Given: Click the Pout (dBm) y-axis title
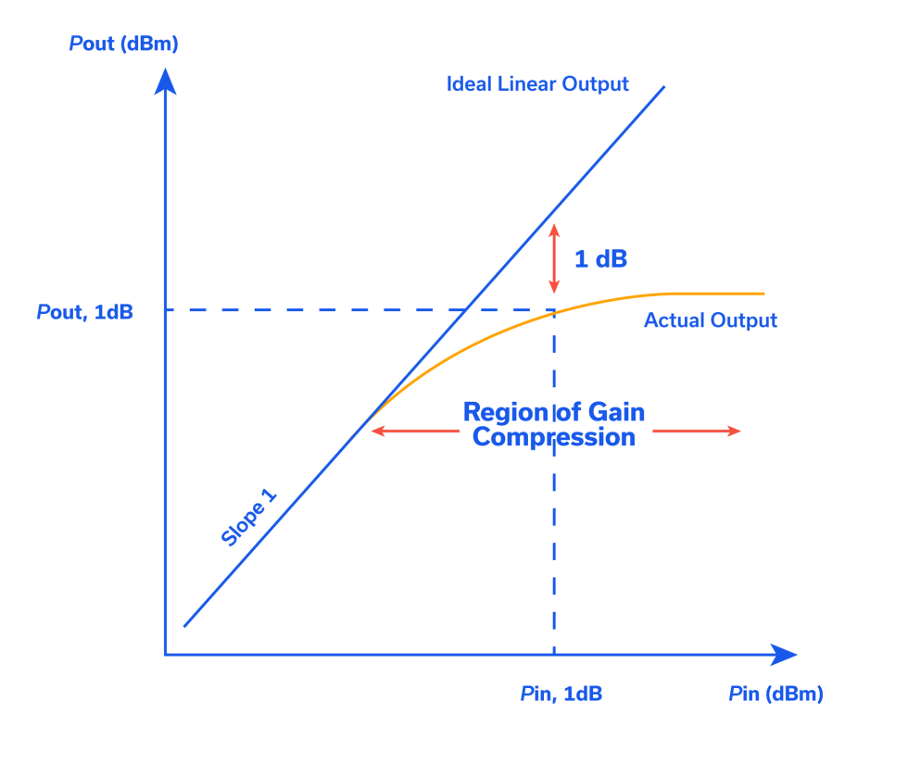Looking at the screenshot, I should [122, 44].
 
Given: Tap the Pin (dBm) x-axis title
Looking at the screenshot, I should [776, 694].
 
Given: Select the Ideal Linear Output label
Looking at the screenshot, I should [538, 84].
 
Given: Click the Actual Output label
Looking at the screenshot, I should [710, 320].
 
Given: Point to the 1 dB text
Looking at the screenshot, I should [600, 259].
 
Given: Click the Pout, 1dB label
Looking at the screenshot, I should [85, 312].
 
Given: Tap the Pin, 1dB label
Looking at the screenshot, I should [561, 694].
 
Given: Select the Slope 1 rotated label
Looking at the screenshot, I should [250, 520].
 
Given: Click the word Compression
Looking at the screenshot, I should [554, 437].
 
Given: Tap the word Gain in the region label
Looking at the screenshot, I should [612, 412].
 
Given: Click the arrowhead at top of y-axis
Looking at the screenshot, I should [165, 81].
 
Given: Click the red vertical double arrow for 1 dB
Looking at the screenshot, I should [554, 259].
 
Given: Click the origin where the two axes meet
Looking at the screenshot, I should [165, 655].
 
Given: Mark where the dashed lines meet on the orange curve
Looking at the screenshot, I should [554, 311].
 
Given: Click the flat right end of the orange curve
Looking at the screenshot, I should [762, 294].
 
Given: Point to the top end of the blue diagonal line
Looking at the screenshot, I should [664, 87].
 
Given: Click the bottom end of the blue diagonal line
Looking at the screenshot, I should [184, 626].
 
